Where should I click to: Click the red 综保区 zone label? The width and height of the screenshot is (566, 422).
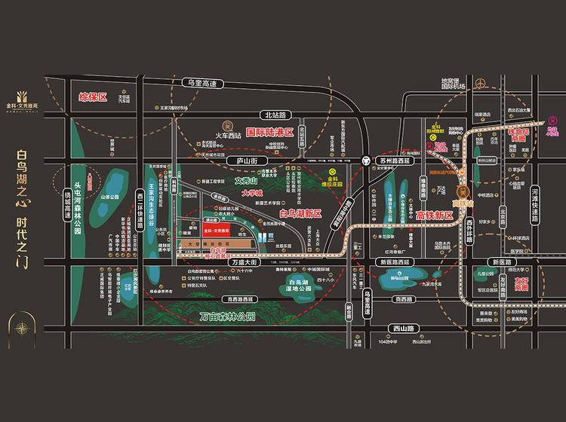94,97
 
